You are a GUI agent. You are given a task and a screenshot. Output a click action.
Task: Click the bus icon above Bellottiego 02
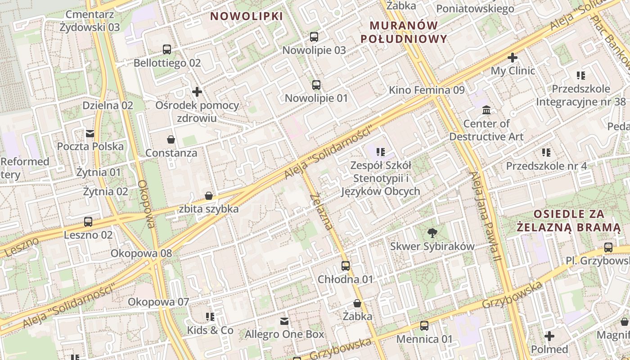(x=167, y=49)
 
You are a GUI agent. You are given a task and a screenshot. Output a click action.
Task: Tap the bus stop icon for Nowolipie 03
(x=314, y=37)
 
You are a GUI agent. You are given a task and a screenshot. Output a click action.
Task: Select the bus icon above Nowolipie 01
(x=316, y=85)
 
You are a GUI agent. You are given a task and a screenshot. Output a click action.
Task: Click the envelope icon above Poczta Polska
(x=90, y=133)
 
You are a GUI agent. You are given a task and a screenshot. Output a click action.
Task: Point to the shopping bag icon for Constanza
(x=171, y=139)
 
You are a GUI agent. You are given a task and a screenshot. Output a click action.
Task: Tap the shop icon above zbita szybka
(x=209, y=196)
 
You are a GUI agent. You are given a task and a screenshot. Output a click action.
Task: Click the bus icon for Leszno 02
(x=88, y=222)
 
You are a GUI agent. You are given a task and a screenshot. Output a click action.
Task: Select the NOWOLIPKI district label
(x=247, y=16)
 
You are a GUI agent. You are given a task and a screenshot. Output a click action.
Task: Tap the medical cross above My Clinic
(x=512, y=58)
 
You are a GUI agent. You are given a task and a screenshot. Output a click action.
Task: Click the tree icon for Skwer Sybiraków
(x=432, y=233)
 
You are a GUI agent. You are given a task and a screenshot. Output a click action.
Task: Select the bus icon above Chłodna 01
(x=346, y=266)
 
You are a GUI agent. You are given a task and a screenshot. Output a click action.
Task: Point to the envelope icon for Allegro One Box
(x=284, y=321)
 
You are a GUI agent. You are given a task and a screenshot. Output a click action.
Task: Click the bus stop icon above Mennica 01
(x=424, y=325)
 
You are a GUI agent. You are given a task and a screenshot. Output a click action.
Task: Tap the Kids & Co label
(x=211, y=330)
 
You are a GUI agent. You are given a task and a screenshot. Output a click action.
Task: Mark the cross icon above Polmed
(x=549, y=336)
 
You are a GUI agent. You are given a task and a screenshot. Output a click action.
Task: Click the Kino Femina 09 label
(x=427, y=90)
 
